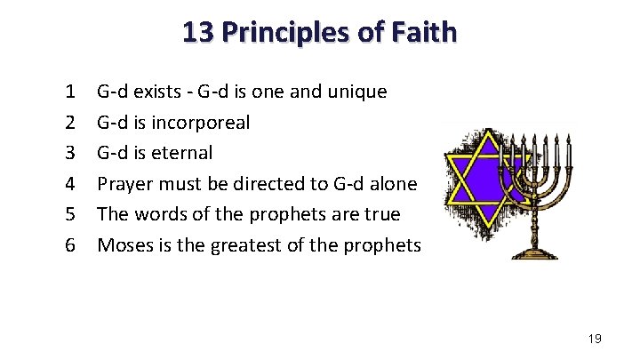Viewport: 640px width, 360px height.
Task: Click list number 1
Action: (x=69, y=92)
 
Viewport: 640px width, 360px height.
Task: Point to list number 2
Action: (x=69, y=122)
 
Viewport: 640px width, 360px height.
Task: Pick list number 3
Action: (x=69, y=153)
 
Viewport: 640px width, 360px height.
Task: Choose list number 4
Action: (x=69, y=183)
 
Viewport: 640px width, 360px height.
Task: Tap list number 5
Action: (x=69, y=214)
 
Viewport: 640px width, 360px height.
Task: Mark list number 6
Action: (x=69, y=244)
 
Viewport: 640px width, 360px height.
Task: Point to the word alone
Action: (x=390, y=183)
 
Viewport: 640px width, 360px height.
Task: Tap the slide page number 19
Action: (x=596, y=339)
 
